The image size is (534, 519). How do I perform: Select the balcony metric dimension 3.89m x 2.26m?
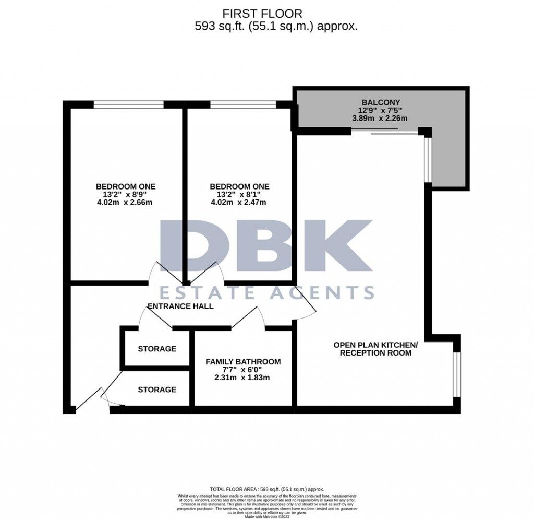point(379,119)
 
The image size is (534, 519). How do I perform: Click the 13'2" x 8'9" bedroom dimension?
point(125,195)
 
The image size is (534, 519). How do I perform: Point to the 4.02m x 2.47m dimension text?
point(239,203)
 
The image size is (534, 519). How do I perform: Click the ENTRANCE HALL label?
point(180,306)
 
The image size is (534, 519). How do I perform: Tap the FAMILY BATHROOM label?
point(243,361)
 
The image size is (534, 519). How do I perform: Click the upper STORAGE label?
point(157,349)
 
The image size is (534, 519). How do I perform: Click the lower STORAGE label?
point(157,390)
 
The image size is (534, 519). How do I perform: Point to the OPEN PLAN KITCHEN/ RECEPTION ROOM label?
point(375,349)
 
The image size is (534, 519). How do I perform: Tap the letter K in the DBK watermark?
point(342,245)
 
